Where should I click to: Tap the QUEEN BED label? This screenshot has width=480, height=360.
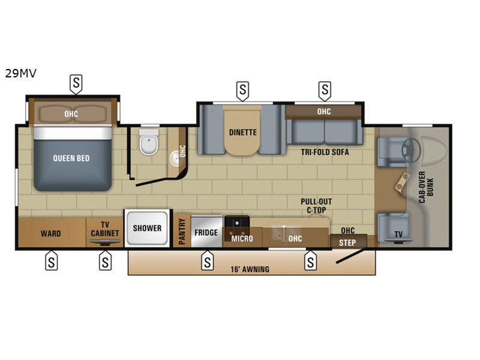(71, 158)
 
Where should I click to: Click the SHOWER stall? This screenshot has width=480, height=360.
(147, 228)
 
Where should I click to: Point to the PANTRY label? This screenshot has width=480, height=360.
(182, 230)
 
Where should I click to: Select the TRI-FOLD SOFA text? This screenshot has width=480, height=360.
(325, 152)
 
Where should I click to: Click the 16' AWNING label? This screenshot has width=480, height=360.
(250, 269)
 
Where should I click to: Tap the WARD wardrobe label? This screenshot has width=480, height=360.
(50, 233)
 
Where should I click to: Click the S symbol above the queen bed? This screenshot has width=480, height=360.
(76, 83)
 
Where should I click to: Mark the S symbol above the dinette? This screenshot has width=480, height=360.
(242, 91)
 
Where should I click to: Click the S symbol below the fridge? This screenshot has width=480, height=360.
(207, 261)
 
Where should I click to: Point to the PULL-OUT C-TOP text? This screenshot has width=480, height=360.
(316, 206)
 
